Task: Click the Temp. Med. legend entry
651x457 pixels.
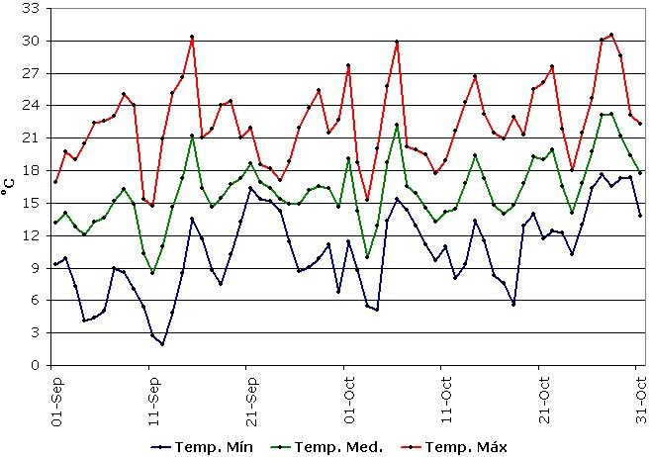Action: pos(342,446)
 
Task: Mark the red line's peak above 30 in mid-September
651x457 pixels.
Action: pos(192,37)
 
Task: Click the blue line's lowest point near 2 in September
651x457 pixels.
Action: pos(162,343)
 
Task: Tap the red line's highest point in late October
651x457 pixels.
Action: pos(611,35)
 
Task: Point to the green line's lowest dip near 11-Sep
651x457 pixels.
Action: pos(152,272)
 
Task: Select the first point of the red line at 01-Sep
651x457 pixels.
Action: pos(55,182)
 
